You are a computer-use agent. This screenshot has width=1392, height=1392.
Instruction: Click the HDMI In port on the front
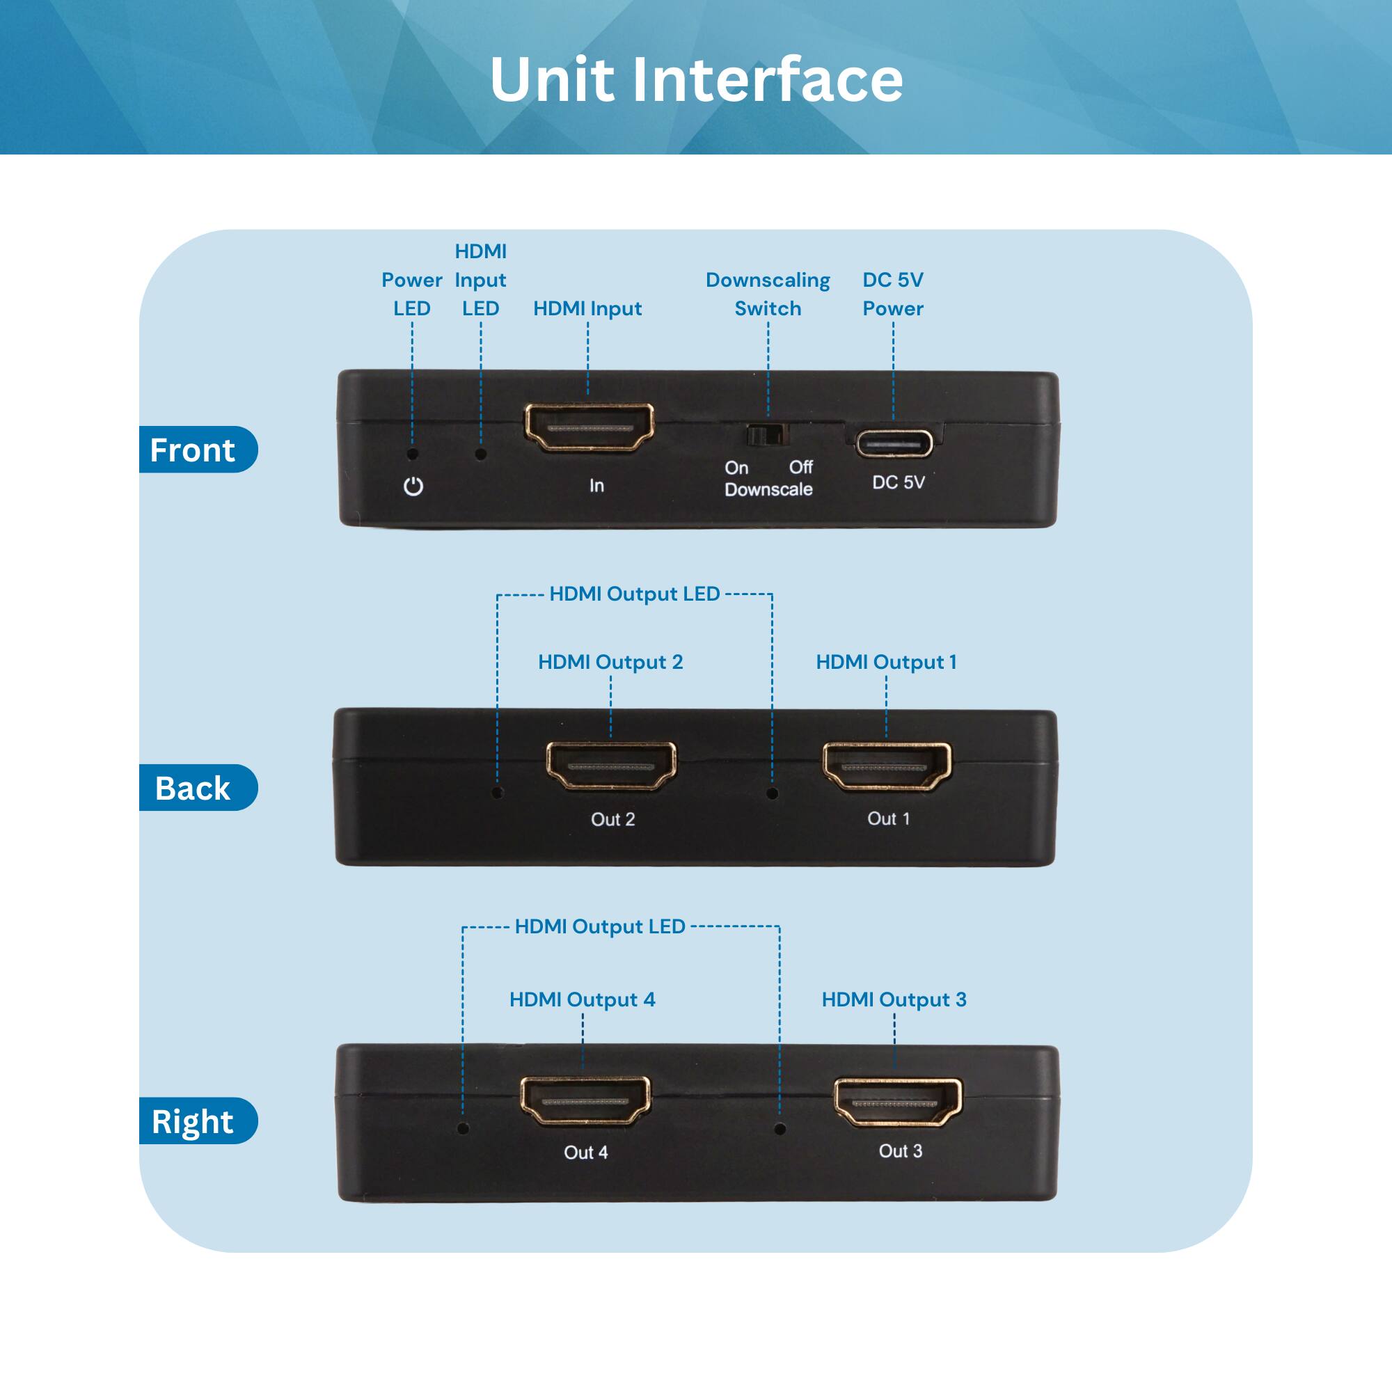coord(589,427)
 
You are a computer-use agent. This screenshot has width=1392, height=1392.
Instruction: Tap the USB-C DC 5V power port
coord(894,443)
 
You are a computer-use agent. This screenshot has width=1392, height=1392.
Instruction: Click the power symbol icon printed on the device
coord(413,487)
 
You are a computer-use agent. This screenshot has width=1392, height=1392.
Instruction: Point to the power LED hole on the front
coord(413,454)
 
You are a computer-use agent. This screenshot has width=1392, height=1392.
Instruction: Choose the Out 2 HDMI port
coord(611,766)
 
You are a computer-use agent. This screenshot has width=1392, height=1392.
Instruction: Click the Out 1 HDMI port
coord(887,766)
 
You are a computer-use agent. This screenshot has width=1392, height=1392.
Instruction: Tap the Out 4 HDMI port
coord(585,1100)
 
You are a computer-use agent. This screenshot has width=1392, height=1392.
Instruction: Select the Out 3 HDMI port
coord(898,1102)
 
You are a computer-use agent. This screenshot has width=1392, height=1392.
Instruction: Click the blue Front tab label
coord(193,450)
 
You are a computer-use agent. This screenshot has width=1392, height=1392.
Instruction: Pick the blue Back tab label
coord(193,789)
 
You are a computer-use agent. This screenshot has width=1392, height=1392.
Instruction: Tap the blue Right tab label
coord(193,1122)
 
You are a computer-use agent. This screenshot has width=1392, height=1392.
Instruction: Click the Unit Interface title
coord(696,79)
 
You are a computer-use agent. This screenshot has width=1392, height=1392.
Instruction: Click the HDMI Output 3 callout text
coord(894,999)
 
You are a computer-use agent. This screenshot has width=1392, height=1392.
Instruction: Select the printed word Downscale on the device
coord(768,490)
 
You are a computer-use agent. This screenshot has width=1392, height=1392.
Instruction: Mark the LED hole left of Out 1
coord(773,793)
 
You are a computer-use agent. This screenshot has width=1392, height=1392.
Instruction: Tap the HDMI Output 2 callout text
coord(610,662)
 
